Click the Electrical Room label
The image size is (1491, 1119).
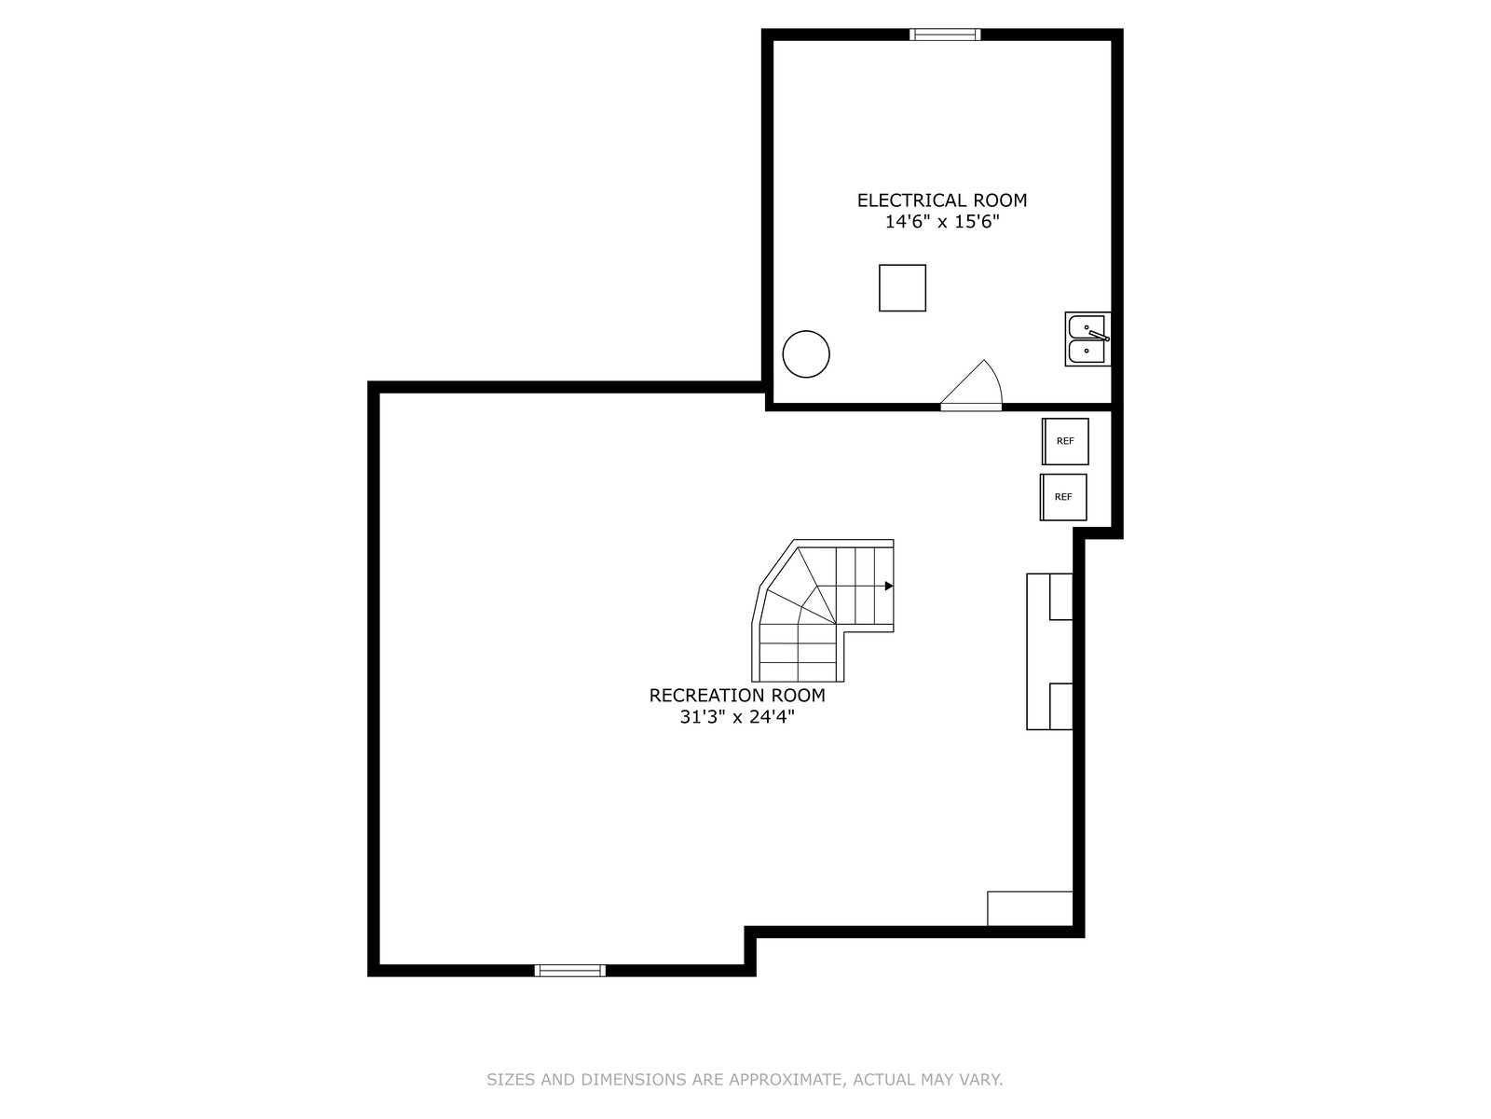941,200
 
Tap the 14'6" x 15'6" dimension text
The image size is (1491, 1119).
942,222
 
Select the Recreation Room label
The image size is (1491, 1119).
737,695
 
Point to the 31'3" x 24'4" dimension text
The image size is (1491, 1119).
737,717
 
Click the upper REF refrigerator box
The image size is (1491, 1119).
1065,442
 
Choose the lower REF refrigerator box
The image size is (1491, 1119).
1063,497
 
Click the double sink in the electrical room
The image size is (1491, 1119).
1087,339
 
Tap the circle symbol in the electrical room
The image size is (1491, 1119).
806,354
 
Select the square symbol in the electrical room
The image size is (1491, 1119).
902,288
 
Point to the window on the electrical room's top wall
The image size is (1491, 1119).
945,35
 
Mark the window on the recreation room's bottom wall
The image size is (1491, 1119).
570,971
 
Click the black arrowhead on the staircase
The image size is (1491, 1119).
889,587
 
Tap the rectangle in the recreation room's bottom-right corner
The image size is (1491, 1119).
1030,908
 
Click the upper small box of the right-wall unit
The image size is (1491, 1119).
1061,597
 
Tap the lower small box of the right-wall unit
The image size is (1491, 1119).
1061,707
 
